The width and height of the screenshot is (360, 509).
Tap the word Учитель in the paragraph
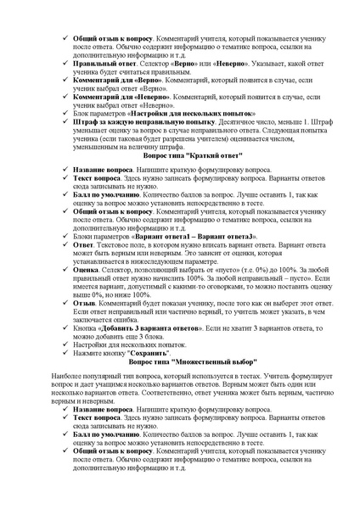284,375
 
